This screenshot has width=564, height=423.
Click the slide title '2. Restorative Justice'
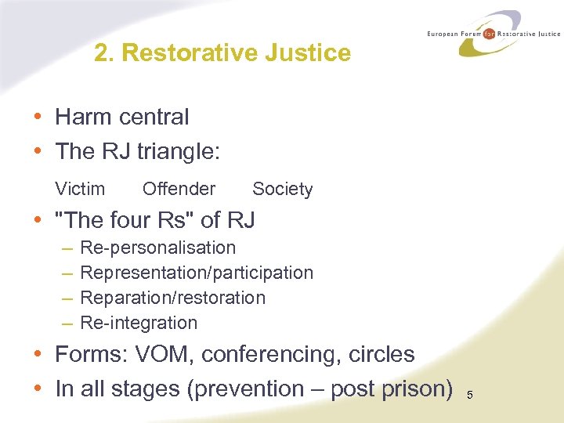coord(222,53)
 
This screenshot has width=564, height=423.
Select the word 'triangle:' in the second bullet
coord(179,151)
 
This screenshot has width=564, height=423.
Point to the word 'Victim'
coord(80,189)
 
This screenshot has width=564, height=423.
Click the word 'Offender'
coord(179,189)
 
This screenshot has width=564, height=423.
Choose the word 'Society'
coord(282,189)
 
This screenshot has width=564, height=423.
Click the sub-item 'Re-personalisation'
coord(157,248)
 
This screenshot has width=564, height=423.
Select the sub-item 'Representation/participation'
coord(197,273)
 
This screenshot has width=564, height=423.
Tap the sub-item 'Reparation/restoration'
coord(173,298)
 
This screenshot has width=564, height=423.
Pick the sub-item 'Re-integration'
coord(139,323)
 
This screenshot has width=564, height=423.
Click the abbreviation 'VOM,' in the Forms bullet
coord(164,355)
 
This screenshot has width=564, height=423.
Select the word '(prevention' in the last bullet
coord(244,389)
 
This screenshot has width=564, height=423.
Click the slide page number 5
coord(470,395)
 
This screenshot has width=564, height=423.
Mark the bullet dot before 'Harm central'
coord(38,117)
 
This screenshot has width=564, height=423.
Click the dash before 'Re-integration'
coord(67,323)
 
